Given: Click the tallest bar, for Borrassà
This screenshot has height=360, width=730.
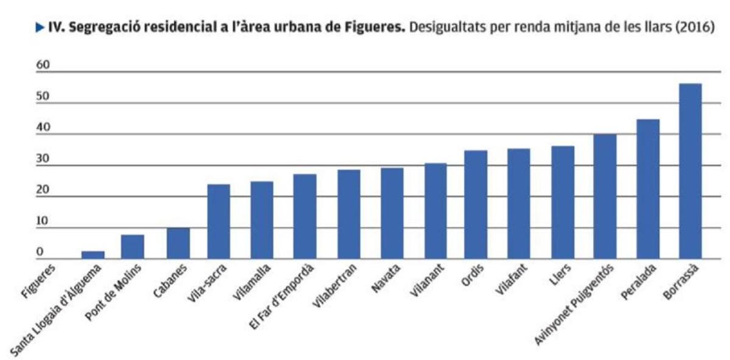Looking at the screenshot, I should [690, 171].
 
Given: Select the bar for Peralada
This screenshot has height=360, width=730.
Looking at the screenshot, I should [647, 189].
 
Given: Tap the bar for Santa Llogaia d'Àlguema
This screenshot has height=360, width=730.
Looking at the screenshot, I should [93, 255].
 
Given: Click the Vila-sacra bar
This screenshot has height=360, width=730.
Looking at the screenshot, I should [218, 221].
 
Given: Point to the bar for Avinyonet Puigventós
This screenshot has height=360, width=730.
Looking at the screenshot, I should [605, 196].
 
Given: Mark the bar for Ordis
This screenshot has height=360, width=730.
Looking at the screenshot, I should [476, 204].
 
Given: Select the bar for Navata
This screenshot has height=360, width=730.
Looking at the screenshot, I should [392, 213].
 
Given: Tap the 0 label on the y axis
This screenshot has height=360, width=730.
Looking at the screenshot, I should [40, 252].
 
